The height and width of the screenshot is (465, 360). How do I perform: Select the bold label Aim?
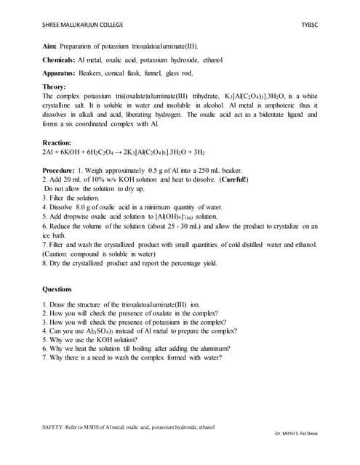51,46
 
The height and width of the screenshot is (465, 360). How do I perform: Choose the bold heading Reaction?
58,144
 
